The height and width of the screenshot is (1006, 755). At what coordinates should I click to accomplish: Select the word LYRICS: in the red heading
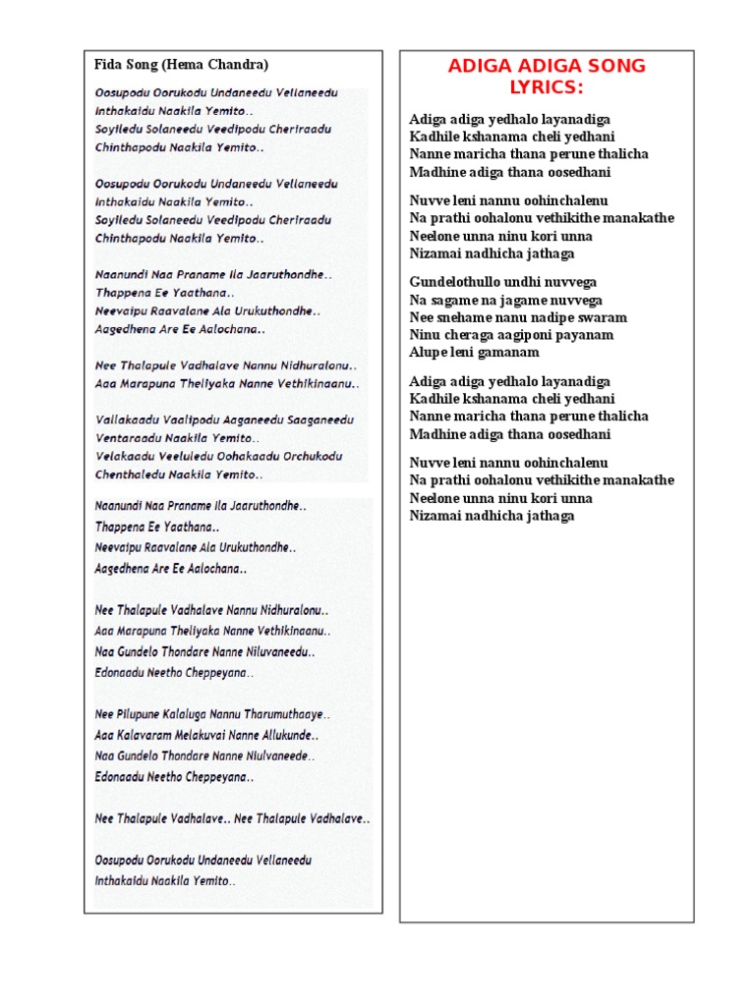[x=546, y=88]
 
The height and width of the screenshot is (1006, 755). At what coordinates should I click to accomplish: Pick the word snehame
[x=460, y=317]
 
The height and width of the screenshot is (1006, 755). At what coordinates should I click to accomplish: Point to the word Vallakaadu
[x=127, y=419]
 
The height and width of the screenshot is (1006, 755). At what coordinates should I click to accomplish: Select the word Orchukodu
[x=309, y=456]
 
